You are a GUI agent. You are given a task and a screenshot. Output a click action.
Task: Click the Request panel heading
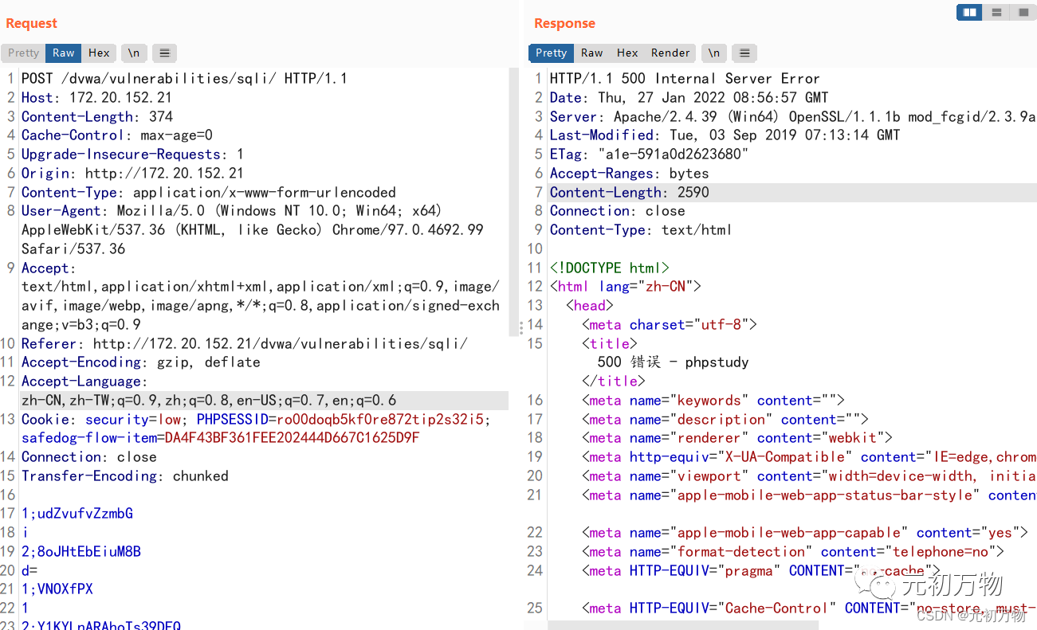coord(31,23)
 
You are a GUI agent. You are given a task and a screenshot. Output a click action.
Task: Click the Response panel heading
coord(564,23)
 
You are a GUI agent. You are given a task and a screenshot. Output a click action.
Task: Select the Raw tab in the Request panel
coord(64,53)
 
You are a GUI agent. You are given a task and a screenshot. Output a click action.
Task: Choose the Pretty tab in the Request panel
coord(23,53)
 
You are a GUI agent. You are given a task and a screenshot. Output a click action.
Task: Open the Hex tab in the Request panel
coord(99,53)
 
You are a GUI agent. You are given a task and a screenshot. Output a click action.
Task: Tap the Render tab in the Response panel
coord(670,53)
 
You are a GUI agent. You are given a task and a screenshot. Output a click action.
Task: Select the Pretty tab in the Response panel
coord(551,53)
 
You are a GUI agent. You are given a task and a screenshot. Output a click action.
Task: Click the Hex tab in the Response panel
coord(627,53)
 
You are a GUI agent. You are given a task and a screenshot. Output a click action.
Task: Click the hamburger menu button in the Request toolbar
coord(164,53)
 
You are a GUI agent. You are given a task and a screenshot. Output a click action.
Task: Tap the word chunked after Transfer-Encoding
coord(201,476)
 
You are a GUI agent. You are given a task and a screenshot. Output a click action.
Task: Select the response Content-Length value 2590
coord(693,192)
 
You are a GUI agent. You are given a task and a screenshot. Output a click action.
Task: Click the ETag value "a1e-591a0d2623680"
coord(674,155)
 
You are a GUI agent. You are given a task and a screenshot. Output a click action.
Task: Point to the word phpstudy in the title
coord(717,362)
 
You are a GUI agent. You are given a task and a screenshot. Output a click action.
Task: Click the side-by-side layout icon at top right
coord(969,12)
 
